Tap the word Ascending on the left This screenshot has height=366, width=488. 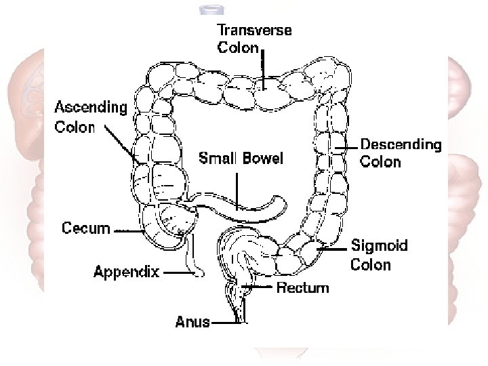(91, 108)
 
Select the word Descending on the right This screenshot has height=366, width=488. (401, 144)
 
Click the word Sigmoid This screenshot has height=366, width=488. (380, 245)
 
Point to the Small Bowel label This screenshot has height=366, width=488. (241, 159)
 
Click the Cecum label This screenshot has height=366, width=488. (86, 228)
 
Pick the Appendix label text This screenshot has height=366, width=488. (127, 272)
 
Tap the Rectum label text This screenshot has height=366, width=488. (302, 287)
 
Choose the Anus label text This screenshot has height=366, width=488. (192, 322)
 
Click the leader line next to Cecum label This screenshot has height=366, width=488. (128, 230)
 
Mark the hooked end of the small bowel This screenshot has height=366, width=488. (278, 203)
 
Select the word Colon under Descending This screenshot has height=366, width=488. (380, 162)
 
